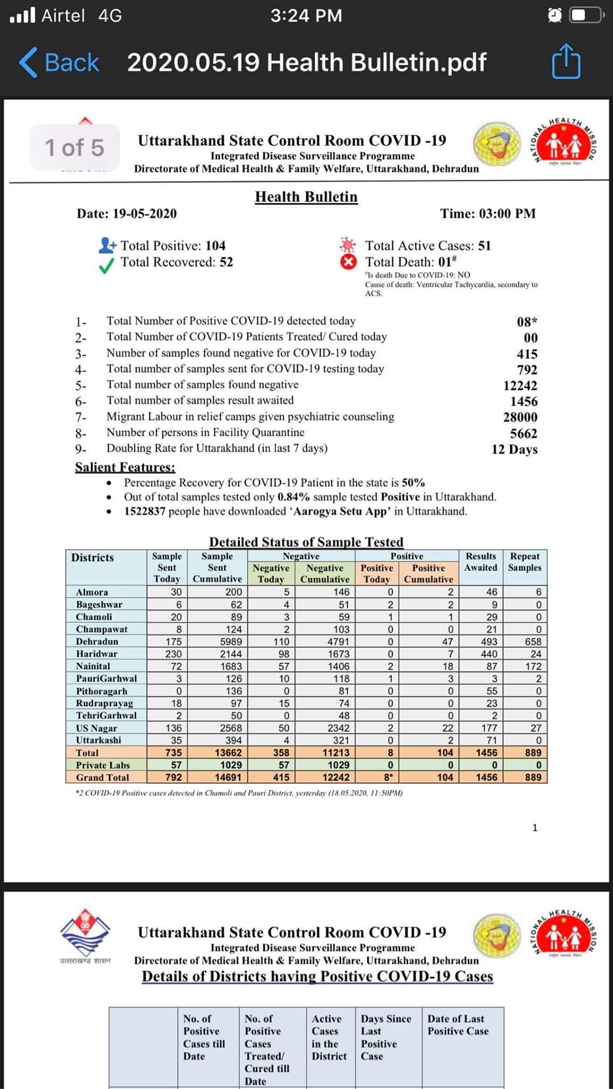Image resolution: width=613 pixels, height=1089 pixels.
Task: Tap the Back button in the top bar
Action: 60,62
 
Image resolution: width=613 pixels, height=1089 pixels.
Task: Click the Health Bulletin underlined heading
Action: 306,197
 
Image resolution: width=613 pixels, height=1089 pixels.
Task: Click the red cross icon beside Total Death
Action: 348,262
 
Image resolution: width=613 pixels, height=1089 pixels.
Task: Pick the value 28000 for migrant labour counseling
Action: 520,417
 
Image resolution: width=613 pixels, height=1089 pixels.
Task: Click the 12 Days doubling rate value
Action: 514,449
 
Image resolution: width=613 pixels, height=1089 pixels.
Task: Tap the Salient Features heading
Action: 125,467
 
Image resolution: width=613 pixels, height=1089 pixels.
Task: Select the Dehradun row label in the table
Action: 97,641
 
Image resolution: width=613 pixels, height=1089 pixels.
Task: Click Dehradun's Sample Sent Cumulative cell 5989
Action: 231,641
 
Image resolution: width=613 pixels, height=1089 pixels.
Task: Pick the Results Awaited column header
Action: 481,562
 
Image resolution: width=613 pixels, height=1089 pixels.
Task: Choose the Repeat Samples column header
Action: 524,562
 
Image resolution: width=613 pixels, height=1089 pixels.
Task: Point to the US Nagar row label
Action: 96,728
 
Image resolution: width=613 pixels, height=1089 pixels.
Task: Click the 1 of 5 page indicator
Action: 74,148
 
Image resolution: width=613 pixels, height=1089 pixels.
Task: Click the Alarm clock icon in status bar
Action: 555,15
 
